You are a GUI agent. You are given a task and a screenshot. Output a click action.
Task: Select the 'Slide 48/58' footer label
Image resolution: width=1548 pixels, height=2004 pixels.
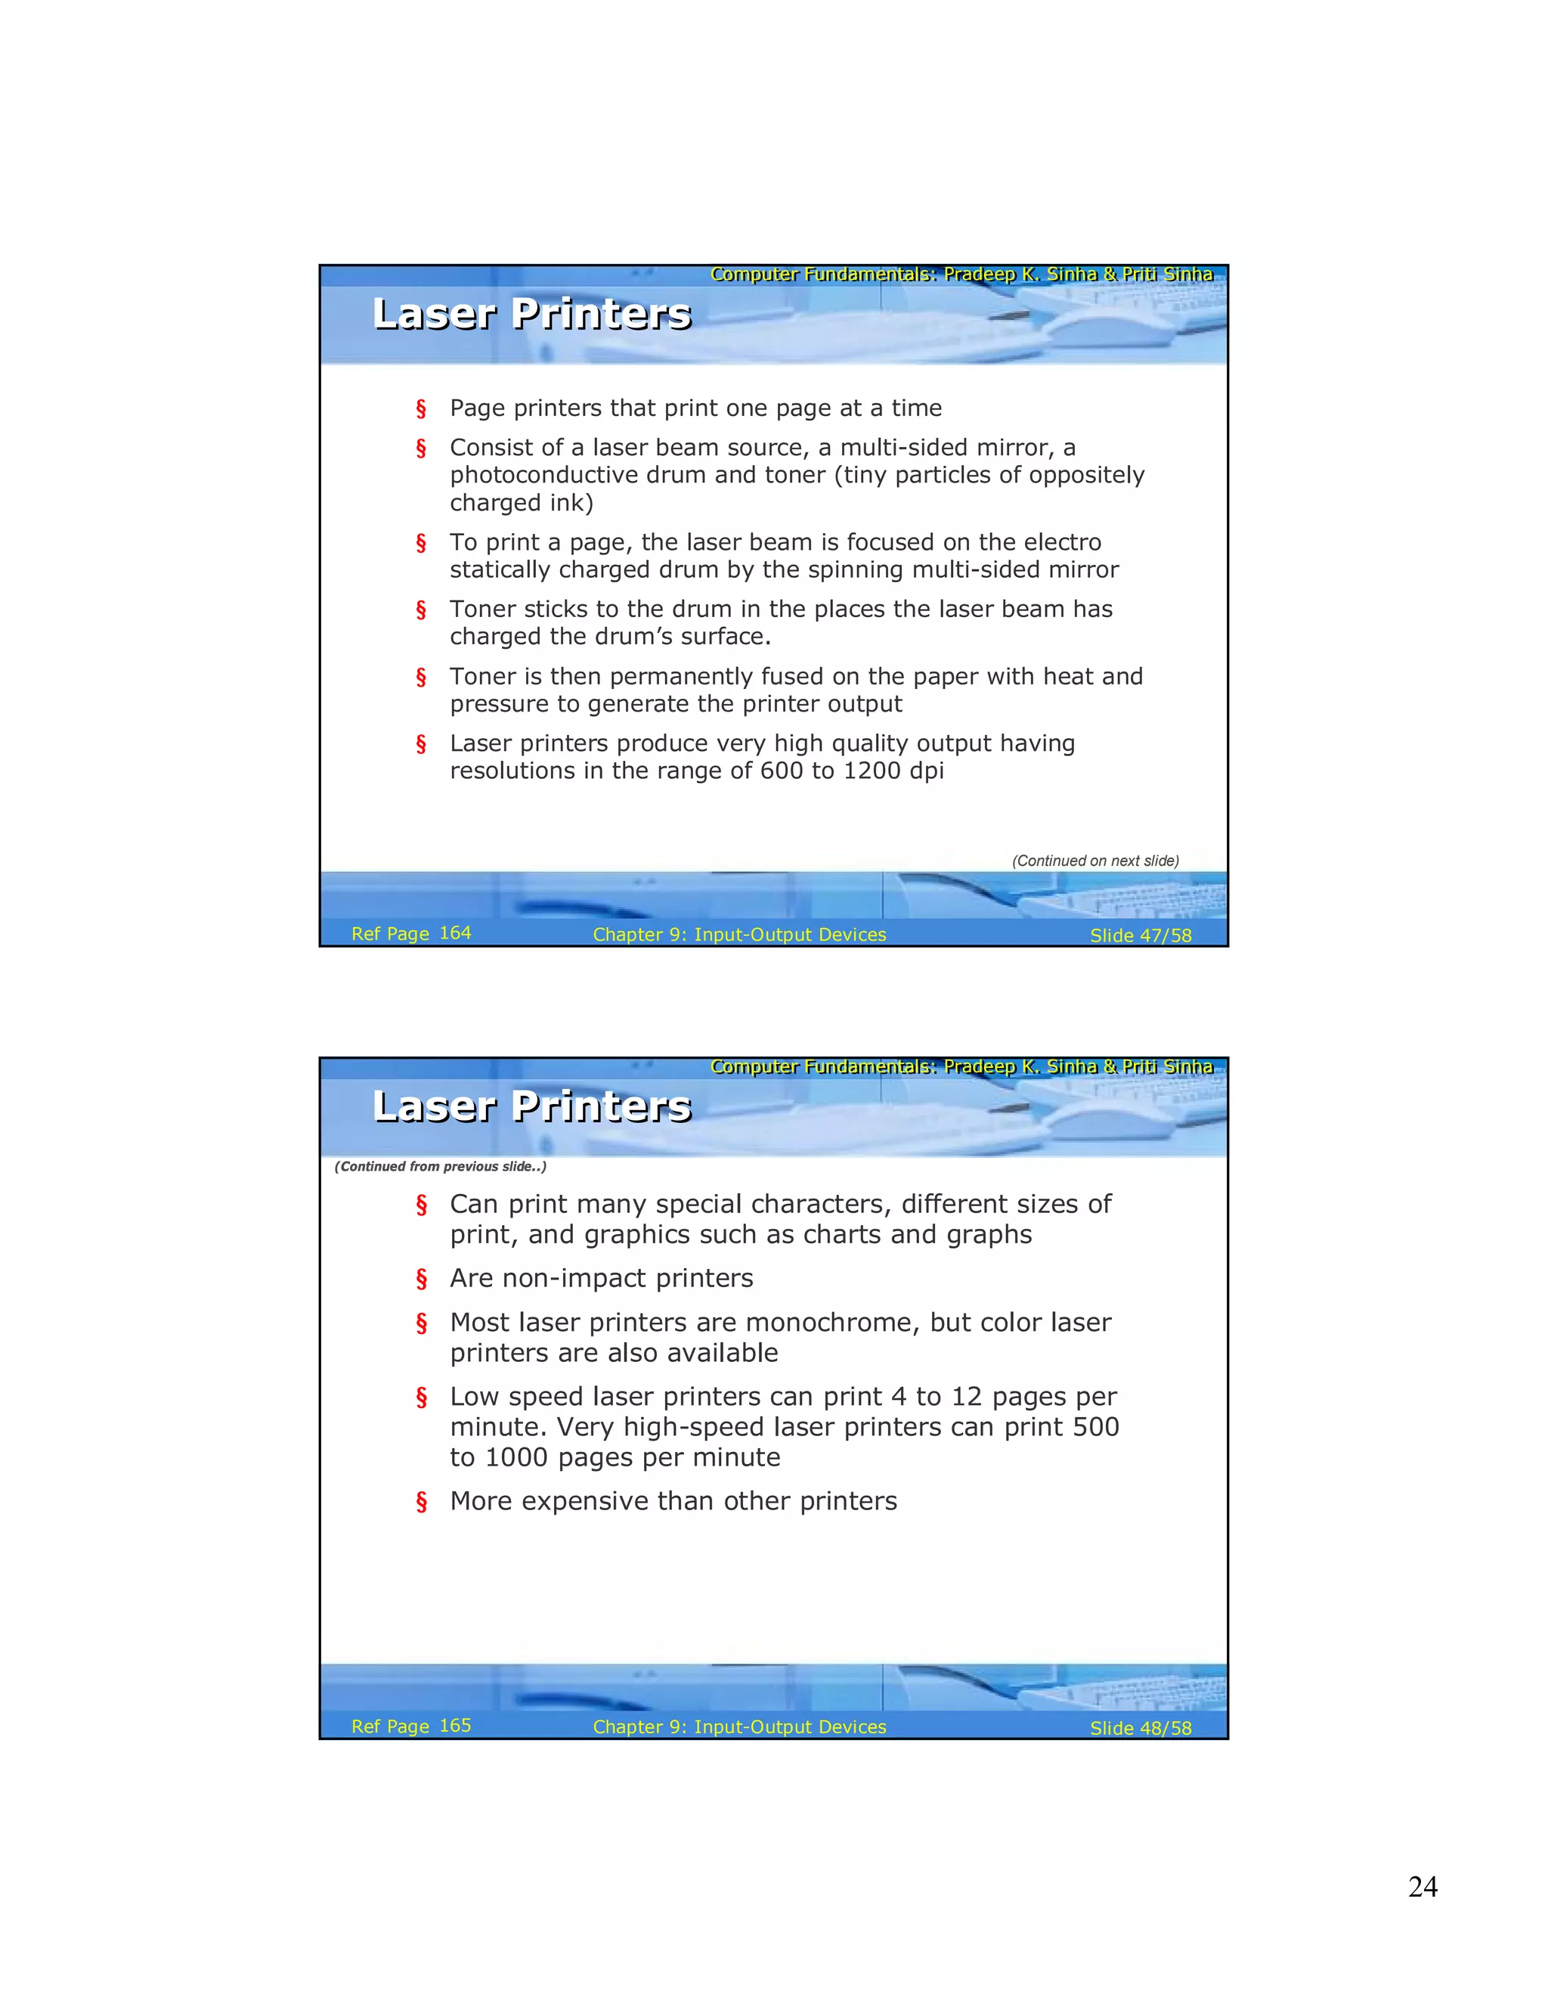tap(1140, 1728)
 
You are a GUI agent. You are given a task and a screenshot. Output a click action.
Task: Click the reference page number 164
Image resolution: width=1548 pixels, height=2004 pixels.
tap(455, 932)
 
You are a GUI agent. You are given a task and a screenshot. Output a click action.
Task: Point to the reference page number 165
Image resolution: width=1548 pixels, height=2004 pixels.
tap(455, 1725)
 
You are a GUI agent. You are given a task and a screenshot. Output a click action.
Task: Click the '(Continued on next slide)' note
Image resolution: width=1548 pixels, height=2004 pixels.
tap(1095, 861)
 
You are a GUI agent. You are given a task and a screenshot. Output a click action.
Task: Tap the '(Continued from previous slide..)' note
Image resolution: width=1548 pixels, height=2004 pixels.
tap(440, 1166)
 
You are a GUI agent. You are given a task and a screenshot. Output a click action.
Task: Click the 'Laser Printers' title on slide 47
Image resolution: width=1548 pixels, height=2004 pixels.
tap(532, 314)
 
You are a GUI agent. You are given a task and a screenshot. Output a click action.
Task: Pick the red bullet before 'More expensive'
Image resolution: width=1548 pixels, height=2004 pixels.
tap(421, 1501)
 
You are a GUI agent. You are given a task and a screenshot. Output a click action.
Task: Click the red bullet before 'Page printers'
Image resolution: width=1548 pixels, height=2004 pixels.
tap(421, 408)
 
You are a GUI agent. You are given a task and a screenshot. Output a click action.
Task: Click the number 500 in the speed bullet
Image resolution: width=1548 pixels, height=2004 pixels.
tap(1096, 1427)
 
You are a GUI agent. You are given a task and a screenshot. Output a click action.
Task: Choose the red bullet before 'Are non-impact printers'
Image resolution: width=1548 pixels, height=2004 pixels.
tap(421, 1278)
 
